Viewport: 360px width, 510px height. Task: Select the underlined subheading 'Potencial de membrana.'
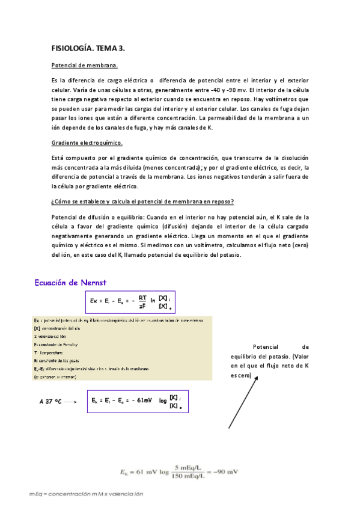point(85,65)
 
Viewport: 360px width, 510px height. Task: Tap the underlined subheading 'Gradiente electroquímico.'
point(87,143)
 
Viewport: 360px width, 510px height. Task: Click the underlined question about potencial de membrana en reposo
point(143,201)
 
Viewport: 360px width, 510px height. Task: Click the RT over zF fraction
point(142,301)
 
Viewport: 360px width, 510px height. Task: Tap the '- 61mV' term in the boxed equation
point(142,400)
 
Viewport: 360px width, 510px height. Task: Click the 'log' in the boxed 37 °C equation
point(162,401)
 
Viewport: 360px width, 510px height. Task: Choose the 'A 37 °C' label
point(50,401)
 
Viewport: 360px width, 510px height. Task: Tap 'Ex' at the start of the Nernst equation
point(94,301)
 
